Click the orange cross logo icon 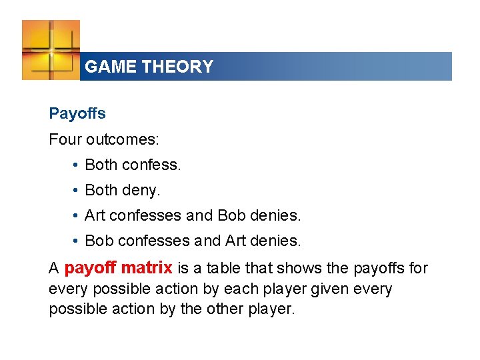(x=51, y=50)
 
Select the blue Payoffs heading (x=77, y=113)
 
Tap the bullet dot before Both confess (x=78, y=165)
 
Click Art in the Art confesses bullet (x=95, y=216)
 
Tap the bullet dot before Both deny (x=78, y=191)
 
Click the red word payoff (x=90, y=268)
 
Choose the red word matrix (x=147, y=268)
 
